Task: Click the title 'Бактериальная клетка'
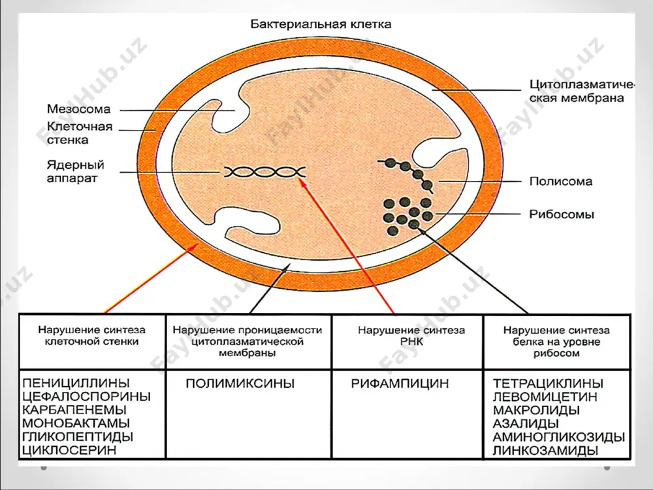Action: [x=321, y=24]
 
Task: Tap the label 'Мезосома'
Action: [x=79, y=109]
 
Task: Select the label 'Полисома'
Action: [x=560, y=181]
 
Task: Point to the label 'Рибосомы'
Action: [x=562, y=214]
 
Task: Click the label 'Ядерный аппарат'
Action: [x=75, y=171]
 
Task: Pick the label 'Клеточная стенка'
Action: [x=80, y=133]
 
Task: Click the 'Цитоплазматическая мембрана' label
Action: [x=582, y=91]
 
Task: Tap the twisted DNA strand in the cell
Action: [x=265, y=172]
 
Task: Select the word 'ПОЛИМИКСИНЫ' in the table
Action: [x=240, y=384]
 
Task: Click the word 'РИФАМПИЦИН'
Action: [x=400, y=384]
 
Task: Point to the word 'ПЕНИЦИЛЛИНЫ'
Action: [x=76, y=383]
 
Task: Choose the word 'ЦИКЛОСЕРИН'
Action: [x=69, y=450]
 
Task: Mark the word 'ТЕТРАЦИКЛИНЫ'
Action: [x=548, y=384]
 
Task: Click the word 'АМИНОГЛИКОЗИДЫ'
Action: [x=559, y=437]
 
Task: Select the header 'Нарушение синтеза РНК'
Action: [x=411, y=336]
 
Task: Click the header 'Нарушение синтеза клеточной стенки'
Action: [x=91, y=336]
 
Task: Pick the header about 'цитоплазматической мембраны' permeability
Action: [x=247, y=342]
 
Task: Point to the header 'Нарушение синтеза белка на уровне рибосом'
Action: [x=556, y=342]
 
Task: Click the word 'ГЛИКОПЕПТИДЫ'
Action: [x=78, y=436]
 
